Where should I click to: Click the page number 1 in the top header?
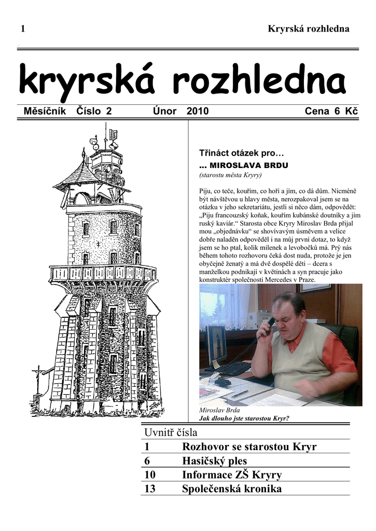coord(23,29)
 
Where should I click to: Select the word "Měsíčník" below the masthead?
coord(45,111)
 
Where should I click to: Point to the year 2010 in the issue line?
coord(198,111)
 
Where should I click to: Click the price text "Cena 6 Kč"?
coord(331,111)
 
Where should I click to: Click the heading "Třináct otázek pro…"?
coord(242,153)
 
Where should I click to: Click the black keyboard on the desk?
coord(232,369)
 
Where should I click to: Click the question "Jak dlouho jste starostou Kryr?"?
coord(244,418)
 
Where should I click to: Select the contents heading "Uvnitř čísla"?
coord(171,432)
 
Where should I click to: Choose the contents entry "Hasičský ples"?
coord(214,460)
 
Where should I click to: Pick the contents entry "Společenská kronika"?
coord(231,488)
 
